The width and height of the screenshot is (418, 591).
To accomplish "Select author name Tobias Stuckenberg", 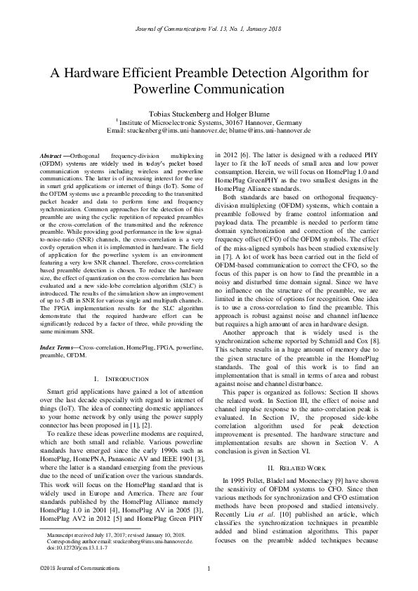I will click(174, 114).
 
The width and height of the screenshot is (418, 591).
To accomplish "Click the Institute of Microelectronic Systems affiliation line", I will click(209, 122).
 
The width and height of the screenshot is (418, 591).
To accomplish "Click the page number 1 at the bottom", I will click(209, 569).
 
